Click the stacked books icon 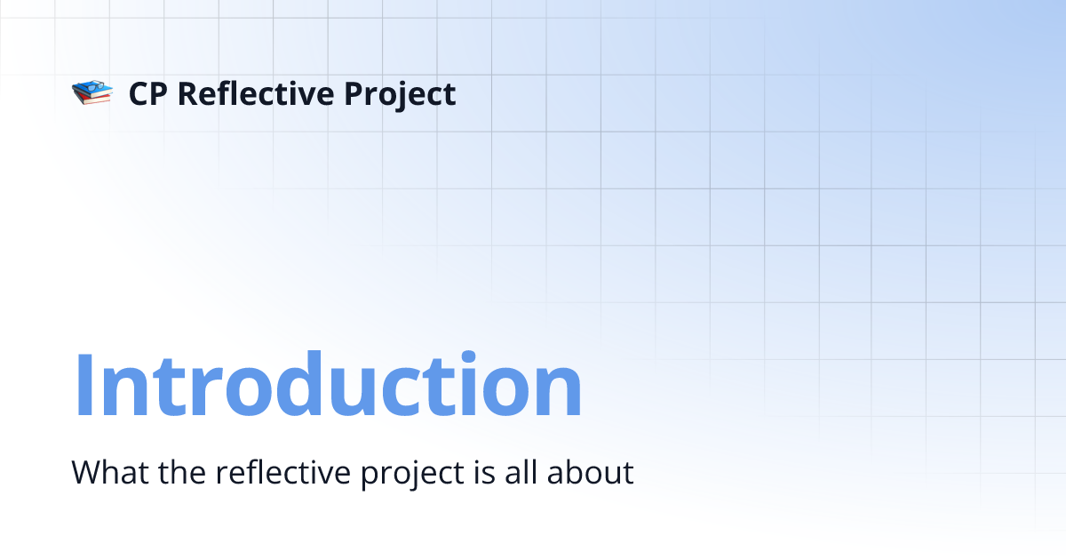(91, 92)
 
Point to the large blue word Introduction (328, 386)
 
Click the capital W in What (85, 472)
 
